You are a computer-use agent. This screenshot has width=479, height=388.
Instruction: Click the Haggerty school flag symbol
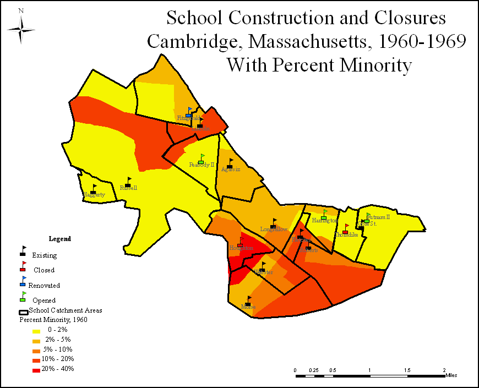pos(94,189)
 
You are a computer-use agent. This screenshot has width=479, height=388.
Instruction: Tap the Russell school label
pos(128,188)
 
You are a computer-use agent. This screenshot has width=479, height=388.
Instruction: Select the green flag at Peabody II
pos(202,159)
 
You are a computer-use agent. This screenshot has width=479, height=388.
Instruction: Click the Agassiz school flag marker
pos(230,163)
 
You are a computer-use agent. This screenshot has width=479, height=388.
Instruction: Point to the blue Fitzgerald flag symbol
pos(189,112)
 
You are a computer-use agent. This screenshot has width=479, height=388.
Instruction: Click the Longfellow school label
pos(274,229)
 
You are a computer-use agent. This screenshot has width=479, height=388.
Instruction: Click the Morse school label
pos(248,307)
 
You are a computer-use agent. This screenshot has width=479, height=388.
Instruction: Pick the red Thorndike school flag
pos(345,228)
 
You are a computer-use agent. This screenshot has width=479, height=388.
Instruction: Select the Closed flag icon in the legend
pos(23,266)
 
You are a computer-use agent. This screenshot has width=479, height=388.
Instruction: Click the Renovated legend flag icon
pos(23,282)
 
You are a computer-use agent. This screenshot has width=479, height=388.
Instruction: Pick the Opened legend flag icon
pos(23,297)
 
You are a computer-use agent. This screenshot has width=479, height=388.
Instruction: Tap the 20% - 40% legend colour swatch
pos(36,369)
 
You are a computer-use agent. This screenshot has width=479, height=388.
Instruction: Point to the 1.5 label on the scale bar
pos(406,370)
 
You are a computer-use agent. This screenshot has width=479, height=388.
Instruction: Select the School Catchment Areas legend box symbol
pos(23,312)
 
